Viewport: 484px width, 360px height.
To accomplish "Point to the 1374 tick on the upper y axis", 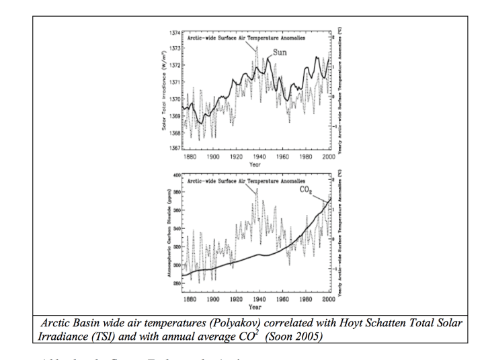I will [173, 33].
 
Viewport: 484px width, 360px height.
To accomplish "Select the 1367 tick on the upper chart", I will [173, 148].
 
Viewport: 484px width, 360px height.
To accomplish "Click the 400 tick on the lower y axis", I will [177, 175].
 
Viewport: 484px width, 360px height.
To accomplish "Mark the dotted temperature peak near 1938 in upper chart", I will [256, 46].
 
